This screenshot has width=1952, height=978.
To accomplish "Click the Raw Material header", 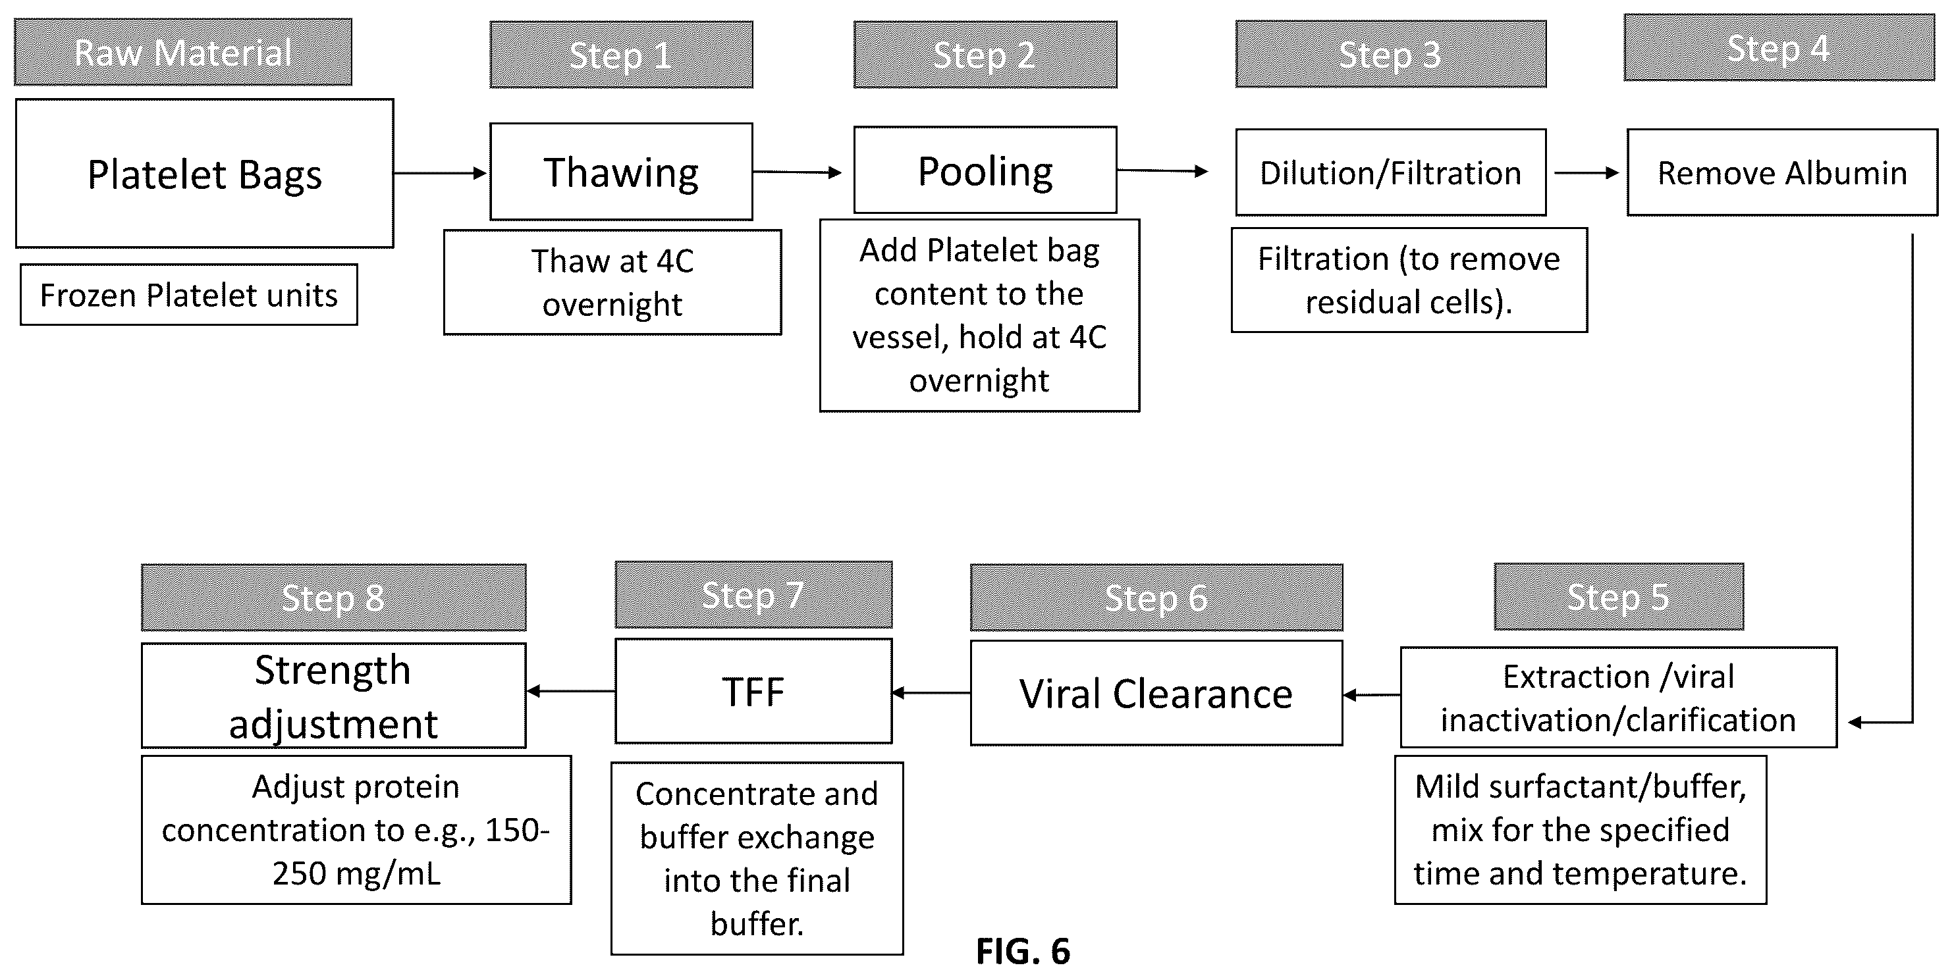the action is tap(182, 52).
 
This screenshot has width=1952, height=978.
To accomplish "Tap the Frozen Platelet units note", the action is tap(189, 295).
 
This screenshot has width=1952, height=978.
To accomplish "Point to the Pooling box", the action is tap(985, 170).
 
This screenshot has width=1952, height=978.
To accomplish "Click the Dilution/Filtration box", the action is tap(1390, 172).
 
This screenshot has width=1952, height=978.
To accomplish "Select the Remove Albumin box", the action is tap(1782, 172).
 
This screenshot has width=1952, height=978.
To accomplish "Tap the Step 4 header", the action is tap(1779, 48).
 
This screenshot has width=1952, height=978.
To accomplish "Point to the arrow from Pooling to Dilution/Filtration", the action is tap(1162, 171).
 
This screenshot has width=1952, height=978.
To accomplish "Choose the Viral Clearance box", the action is tap(1156, 693).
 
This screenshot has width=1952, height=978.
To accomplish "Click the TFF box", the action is tap(753, 691).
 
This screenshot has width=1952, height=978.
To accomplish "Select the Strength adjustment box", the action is tap(333, 696).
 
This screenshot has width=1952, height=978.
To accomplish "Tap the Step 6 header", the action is tap(1156, 598).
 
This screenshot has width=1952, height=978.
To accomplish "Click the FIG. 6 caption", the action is tap(1023, 952).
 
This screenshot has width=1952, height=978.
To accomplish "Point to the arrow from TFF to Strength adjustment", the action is tap(570, 691).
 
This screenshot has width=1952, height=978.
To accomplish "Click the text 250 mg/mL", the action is tap(356, 873).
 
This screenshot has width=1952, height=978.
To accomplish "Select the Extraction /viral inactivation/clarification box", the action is tap(1619, 698).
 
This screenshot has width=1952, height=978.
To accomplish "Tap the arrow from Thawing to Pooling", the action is tap(797, 172).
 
